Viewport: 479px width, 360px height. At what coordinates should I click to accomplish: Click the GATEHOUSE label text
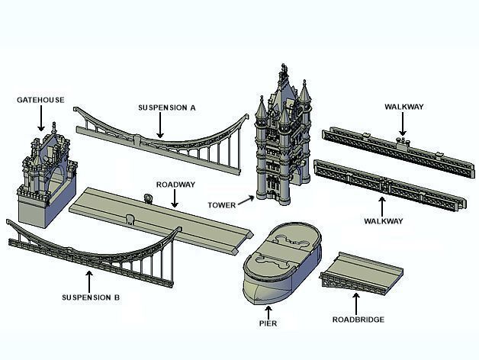[40, 100]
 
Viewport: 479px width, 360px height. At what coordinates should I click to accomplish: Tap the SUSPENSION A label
[167, 108]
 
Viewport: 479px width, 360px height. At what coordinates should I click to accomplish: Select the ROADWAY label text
[175, 185]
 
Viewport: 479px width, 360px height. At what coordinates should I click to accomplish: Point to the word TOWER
[220, 204]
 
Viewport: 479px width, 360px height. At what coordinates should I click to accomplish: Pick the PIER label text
[267, 324]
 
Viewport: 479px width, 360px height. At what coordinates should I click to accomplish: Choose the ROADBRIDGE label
[358, 320]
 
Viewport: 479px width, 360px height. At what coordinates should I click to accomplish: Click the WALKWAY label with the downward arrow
[404, 107]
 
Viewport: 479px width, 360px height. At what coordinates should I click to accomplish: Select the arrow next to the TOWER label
[246, 201]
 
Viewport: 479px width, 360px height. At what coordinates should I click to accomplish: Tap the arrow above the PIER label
[268, 310]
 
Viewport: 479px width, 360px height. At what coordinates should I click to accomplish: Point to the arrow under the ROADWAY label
[175, 199]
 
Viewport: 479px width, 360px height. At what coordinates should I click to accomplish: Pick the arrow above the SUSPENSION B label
[90, 278]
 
